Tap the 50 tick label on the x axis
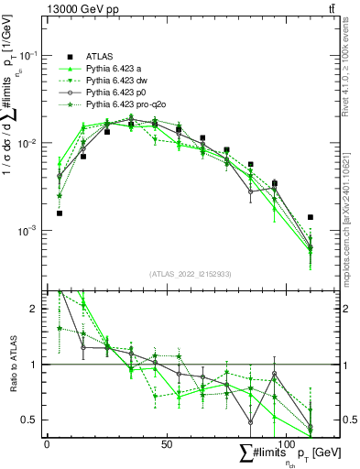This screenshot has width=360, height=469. [167, 444]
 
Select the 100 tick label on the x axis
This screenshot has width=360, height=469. [287, 444]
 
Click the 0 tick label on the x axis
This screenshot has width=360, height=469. [47, 444]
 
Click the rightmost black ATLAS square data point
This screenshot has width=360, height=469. [311, 217]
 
